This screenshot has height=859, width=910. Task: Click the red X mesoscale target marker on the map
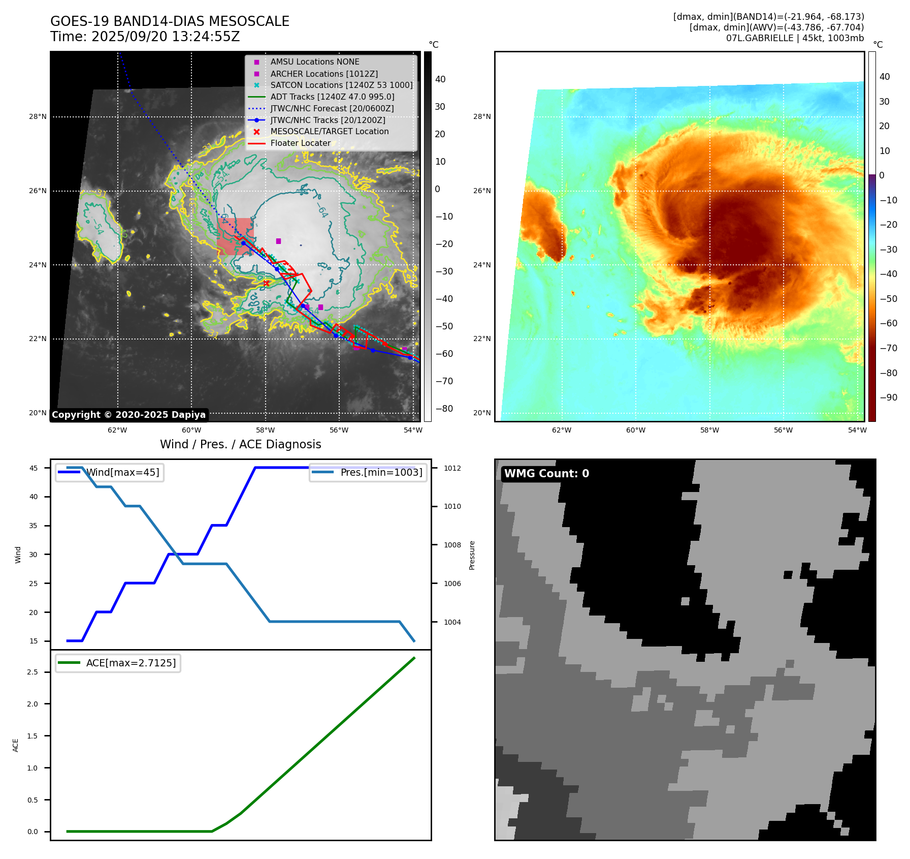[266, 283]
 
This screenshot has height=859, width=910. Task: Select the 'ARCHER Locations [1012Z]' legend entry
[323, 74]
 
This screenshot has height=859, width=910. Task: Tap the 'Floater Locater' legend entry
[300, 143]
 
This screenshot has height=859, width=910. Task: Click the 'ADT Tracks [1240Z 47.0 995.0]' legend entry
[332, 97]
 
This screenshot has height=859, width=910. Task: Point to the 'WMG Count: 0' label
[546, 474]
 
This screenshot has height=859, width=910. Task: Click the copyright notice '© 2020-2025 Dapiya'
[129, 415]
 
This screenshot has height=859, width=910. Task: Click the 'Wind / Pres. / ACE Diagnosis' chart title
[241, 444]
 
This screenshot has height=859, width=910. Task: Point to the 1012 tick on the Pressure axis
[452, 468]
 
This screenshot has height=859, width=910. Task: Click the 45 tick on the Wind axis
[34, 468]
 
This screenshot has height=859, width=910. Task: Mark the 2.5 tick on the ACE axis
[32, 672]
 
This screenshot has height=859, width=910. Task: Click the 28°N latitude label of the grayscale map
[38, 117]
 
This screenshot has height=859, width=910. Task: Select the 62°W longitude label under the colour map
[562, 430]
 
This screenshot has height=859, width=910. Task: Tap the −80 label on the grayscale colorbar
[444, 409]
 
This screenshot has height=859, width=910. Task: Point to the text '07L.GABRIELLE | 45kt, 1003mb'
[795, 38]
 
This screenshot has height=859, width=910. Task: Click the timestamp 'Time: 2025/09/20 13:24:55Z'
[145, 37]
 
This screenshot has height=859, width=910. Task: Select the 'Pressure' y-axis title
[472, 555]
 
